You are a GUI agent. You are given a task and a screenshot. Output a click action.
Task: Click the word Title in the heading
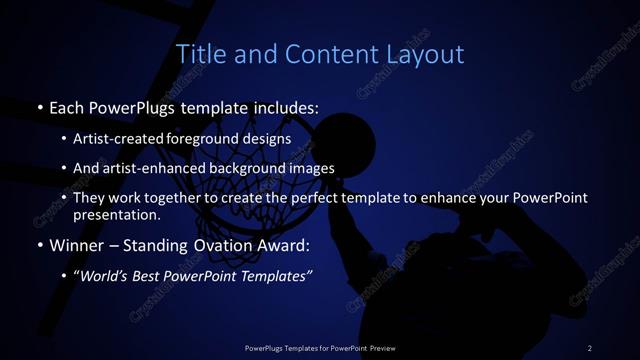[x=198, y=54]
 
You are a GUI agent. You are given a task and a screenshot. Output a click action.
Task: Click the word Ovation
[x=220, y=245]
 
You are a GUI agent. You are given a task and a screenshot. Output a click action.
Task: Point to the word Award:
[x=283, y=245]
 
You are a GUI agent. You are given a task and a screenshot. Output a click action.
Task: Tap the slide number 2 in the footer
[x=589, y=347]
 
